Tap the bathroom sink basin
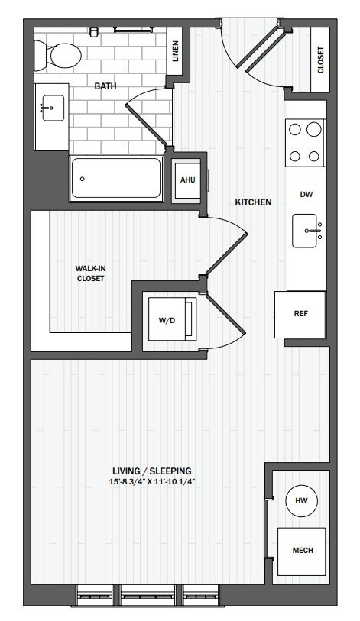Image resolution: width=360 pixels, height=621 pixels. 50,108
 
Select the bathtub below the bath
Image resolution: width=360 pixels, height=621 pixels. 116,179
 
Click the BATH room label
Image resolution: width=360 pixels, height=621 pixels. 105,86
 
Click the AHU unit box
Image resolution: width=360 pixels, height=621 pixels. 186,180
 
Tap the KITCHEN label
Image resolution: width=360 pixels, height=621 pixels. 253,202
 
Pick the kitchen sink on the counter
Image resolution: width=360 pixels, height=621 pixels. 307,230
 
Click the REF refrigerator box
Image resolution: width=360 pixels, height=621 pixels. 300,313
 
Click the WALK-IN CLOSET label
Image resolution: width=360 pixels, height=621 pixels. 90,273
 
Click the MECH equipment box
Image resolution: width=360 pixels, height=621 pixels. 301,551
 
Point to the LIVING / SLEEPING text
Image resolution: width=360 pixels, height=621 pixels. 151,471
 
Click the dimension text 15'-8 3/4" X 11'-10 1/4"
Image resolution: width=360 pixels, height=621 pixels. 151,482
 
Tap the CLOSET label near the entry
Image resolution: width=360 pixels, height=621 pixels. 319,60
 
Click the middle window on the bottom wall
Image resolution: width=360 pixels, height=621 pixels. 149,595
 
